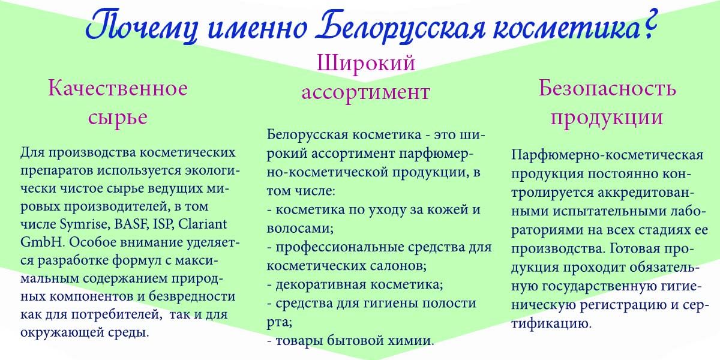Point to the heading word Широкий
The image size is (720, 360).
(x=366, y=63)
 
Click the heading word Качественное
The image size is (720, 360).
(x=118, y=88)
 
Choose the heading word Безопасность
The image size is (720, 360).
(x=607, y=88)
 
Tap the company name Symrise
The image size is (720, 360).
(x=84, y=224)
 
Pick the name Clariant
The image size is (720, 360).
(x=203, y=224)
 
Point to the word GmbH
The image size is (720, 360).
(x=41, y=242)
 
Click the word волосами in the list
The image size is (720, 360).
(x=300, y=229)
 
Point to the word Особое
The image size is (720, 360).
(x=92, y=242)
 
